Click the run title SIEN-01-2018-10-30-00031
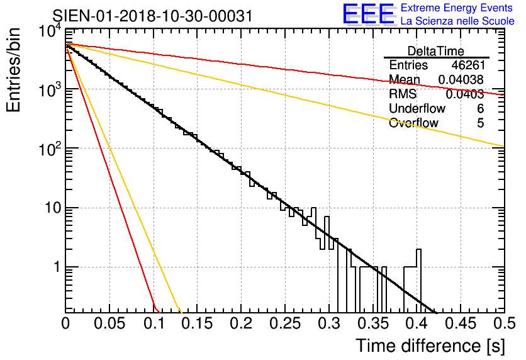(152, 16)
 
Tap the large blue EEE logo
(369, 14)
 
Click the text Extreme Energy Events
(457, 8)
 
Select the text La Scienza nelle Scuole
(457, 21)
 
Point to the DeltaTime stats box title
(436, 51)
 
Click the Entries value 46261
(467, 65)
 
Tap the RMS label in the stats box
(403, 94)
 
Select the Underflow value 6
(480, 109)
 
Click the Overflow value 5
(480, 123)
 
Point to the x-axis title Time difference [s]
(429, 346)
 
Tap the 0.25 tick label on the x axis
(284, 325)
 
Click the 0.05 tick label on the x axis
(109, 325)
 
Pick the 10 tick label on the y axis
(48, 208)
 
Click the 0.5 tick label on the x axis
(501, 325)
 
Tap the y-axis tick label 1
(54, 267)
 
